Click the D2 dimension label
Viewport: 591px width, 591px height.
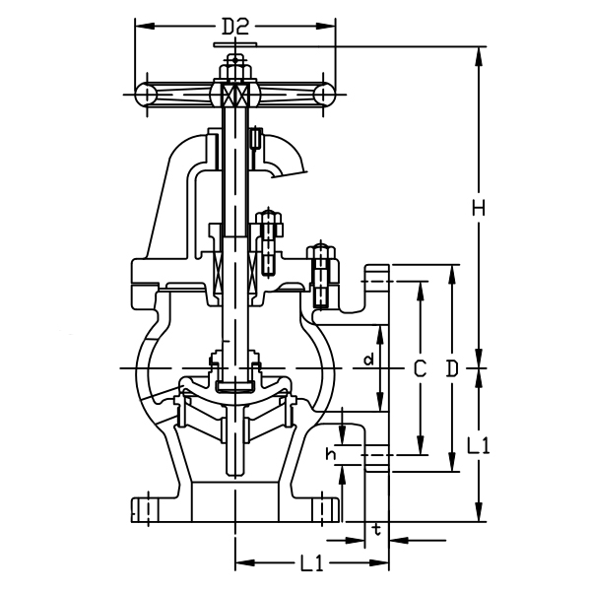click(x=233, y=28)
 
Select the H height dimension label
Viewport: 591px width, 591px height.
click(x=479, y=208)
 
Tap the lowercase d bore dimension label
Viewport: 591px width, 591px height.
click(x=368, y=361)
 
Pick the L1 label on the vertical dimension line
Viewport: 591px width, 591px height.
click(x=479, y=445)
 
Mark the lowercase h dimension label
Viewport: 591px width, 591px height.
click(x=331, y=454)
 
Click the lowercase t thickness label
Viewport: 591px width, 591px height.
click(x=376, y=529)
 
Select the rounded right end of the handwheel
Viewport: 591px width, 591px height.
click(x=323, y=94)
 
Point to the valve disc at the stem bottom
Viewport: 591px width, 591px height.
click(x=234, y=383)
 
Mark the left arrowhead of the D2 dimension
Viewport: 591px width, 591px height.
click(x=139, y=22)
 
